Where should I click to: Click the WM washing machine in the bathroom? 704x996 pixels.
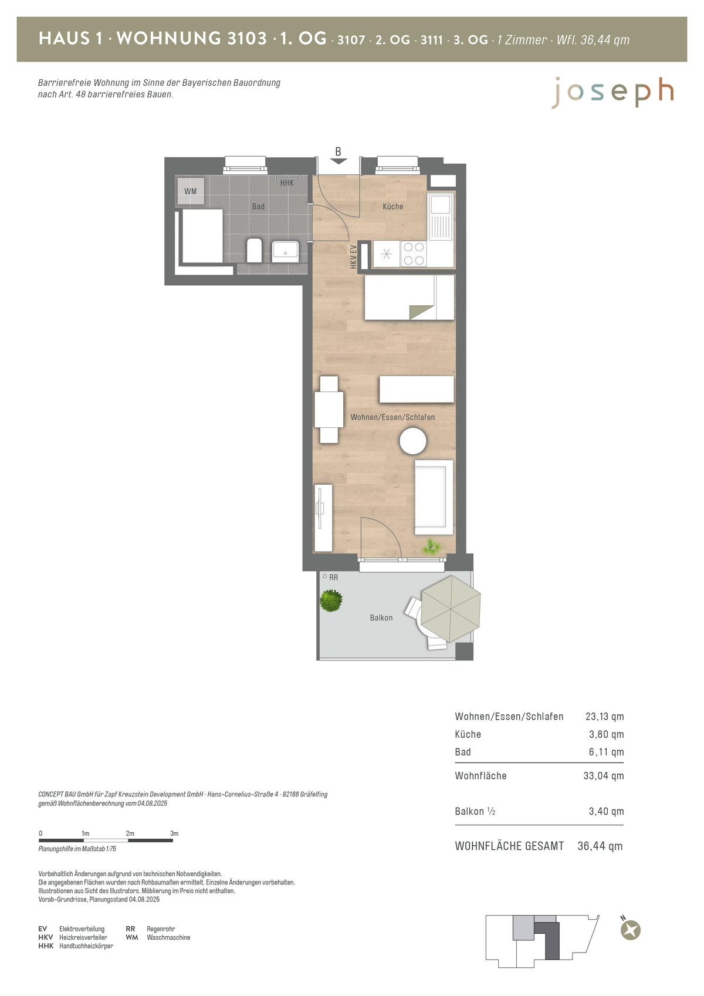pos(191,191)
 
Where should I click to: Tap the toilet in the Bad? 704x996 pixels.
pos(255,251)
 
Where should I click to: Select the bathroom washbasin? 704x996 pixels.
pos(285,251)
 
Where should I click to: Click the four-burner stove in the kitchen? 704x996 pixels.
pos(414,254)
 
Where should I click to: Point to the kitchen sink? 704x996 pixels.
pos(441,215)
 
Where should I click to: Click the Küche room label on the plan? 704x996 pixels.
pos(393,207)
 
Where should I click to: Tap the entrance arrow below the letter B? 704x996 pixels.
pos(339,161)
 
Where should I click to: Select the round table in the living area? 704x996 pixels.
pos(413,441)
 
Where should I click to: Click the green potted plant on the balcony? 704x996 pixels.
pos(331,601)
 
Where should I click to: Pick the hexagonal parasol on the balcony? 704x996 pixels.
pos(450,608)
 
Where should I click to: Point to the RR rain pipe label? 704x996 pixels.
pos(333,577)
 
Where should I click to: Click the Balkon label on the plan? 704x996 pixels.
pos(381,617)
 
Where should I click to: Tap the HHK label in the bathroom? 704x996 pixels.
pos(287,183)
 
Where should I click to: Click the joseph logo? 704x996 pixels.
pos(613,93)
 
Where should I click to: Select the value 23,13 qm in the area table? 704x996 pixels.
pos(604,716)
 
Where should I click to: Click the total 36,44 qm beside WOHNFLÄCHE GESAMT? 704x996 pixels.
pos(600,846)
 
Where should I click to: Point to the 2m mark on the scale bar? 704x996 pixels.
pos(130,833)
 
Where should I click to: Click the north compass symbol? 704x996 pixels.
pos(630,929)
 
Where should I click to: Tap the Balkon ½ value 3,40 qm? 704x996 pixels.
pos(606,811)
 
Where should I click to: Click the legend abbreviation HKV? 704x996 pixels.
pos(45,937)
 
